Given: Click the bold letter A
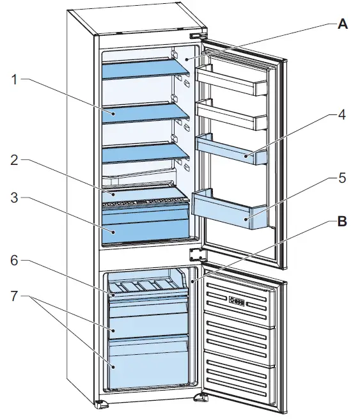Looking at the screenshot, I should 342,24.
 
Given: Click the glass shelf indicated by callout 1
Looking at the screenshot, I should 146,113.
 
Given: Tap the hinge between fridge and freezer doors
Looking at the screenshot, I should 195,254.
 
